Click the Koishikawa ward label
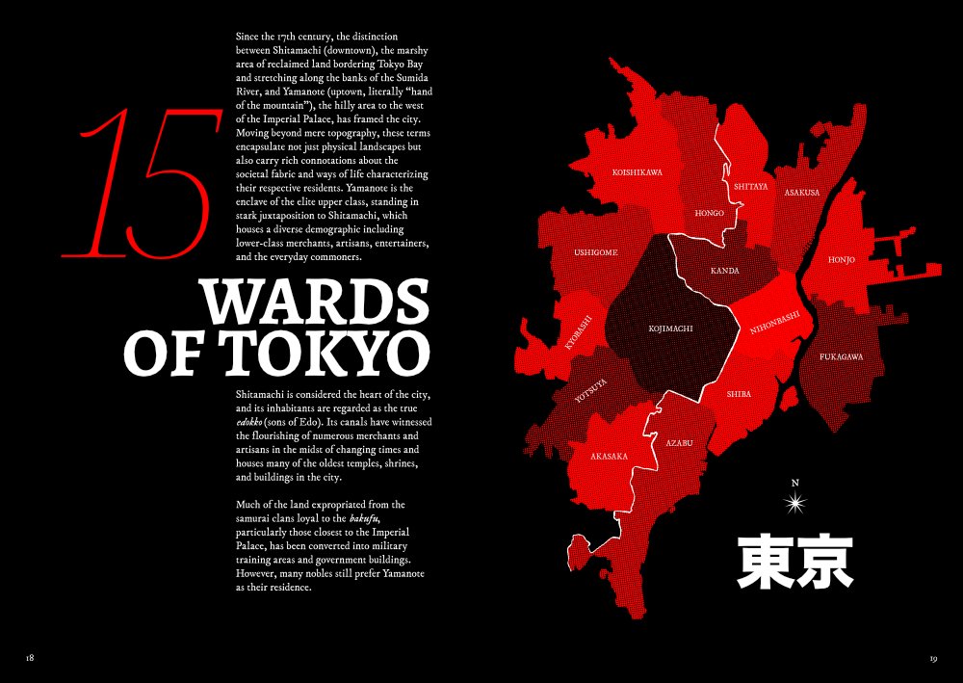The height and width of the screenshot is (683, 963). pyautogui.click(x=638, y=172)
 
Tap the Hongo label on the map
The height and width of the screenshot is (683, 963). pyautogui.click(x=709, y=213)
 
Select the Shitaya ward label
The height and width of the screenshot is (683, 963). pyautogui.click(x=750, y=186)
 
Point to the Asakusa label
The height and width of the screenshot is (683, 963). pyautogui.click(x=801, y=193)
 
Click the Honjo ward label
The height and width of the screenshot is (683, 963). pyautogui.click(x=841, y=260)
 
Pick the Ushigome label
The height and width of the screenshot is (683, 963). pyautogui.click(x=596, y=252)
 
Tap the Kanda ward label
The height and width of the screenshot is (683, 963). pyautogui.click(x=725, y=271)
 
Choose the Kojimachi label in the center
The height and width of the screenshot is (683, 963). pyautogui.click(x=671, y=328)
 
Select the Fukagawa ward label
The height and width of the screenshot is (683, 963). pyautogui.click(x=841, y=356)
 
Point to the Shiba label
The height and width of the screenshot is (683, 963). pyautogui.click(x=739, y=394)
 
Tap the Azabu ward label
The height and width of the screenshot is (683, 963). pyautogui.click(x=680, y=443)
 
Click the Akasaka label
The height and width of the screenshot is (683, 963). pyautogui.click(x=609, y=456)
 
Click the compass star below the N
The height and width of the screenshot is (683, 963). pyautogui.click(x=794, y=502)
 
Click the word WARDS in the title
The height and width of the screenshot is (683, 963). pyautogui.click(x=313, y=302)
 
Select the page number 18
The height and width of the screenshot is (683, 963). pyautogui.click(x=30, y=658)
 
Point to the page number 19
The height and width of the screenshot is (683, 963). pyautogui.click(x=933, y=659)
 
